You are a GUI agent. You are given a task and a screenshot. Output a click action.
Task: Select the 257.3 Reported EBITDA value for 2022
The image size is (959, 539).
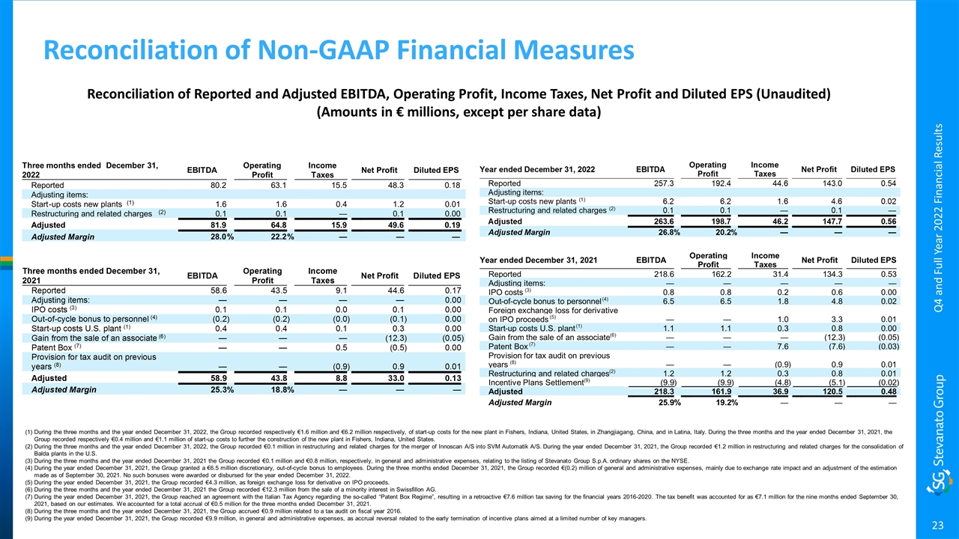pyautogui.click(x=664, y=183)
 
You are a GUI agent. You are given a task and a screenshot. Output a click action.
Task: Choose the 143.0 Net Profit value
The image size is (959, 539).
pyautogui.click(x=812, y=183)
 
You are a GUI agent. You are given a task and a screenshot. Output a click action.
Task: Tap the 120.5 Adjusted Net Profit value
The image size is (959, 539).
pyautogui.click(x=812, y=392)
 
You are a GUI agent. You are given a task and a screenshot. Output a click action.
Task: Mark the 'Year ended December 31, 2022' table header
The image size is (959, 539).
pyautogui.click(x=536, y=170)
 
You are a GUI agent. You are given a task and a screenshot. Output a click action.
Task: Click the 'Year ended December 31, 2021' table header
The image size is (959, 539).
pyautogui.click(x=536, y=260)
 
